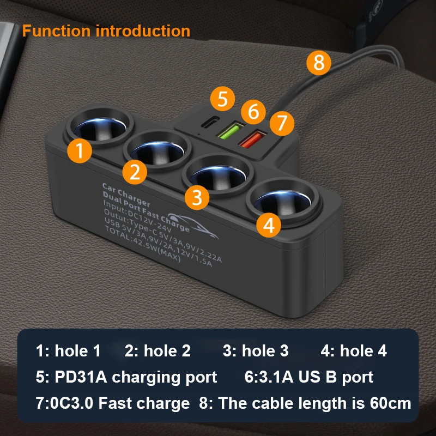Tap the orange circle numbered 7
(x=281, y=123)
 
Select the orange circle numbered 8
(x=319, y=63)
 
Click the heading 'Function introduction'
(x=106, y=31)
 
